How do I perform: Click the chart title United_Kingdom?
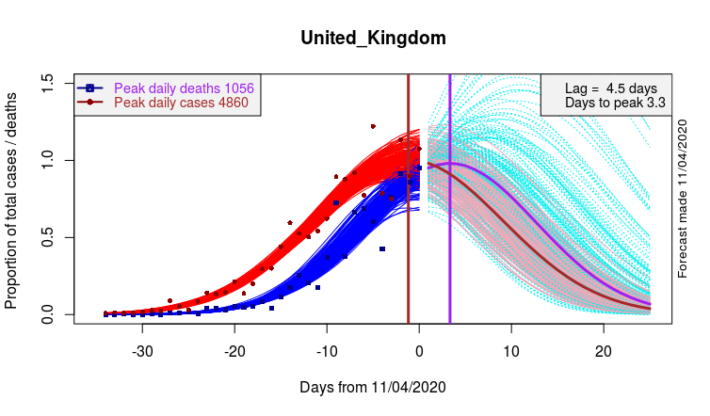(x=373, y=39)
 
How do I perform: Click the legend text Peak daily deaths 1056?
(x=184, y=88)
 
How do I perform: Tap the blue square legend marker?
(x=90, y=88)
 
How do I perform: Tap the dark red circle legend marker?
(x=90, y=102)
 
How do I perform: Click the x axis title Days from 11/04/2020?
(x=373, y=387)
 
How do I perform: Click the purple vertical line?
(x=450, y=235)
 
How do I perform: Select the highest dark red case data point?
(x=373, y=126)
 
